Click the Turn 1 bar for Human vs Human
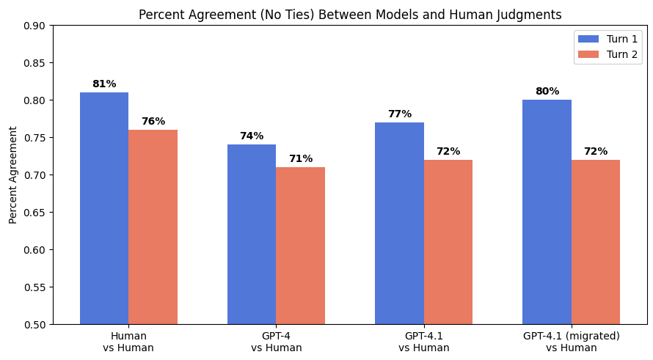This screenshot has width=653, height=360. pos(104,208)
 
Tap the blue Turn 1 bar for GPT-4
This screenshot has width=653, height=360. pos(252,234)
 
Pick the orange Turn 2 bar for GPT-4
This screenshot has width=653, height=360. pos(300,246)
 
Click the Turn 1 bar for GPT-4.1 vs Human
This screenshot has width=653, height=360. pos(399,223)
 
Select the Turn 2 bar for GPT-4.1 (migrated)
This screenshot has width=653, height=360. pos(596,242)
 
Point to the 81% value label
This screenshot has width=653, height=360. pos(104,84)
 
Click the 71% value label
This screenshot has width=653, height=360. pos(300,159)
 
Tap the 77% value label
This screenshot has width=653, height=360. pos(399,114)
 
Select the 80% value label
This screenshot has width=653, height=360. pos(547,92)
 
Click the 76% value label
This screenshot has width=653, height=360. pos(153,122)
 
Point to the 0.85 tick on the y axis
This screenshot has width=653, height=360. pos(33,63)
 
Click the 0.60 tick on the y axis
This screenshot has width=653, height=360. pos(33,250)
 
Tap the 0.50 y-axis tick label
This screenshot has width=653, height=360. pos(33,325)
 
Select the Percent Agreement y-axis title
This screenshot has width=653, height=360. pos(13,175)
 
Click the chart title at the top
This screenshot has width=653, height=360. pos(350,15)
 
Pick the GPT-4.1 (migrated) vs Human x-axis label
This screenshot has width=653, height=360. pos(571,342)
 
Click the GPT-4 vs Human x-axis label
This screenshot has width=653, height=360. pos(276,342)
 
